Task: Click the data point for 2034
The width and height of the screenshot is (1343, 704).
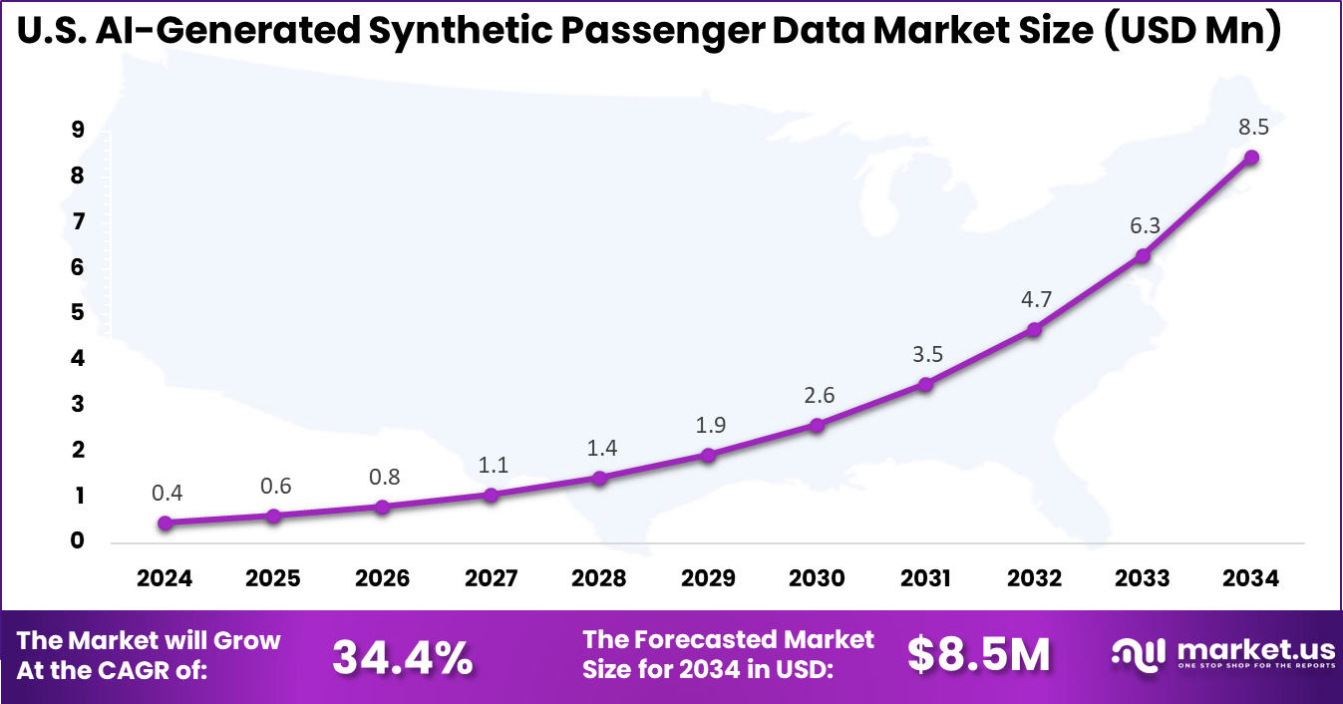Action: [x=1251, y=158]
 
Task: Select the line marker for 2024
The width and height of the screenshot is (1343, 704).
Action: [x=165, y=523]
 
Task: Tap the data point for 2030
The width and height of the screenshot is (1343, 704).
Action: [x=817, y=425]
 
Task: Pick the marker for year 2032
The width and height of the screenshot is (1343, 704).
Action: [x=1034, y=329]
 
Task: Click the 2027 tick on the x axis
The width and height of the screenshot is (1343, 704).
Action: [x=491, y=578]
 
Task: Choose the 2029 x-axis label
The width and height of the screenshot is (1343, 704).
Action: [x=708, y=578]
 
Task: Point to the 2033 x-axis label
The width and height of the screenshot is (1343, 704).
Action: [x=1143, y=578]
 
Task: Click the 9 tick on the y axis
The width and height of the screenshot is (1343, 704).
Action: [x=77, y=131]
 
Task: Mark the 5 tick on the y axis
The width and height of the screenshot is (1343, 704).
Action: [x=77, y=313]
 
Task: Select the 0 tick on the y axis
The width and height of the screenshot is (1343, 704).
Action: [x=77, y=541]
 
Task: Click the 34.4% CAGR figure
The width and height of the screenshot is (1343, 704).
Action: [x=402, y=656]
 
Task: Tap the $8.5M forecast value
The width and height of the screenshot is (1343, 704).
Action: [x=978, y=655]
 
